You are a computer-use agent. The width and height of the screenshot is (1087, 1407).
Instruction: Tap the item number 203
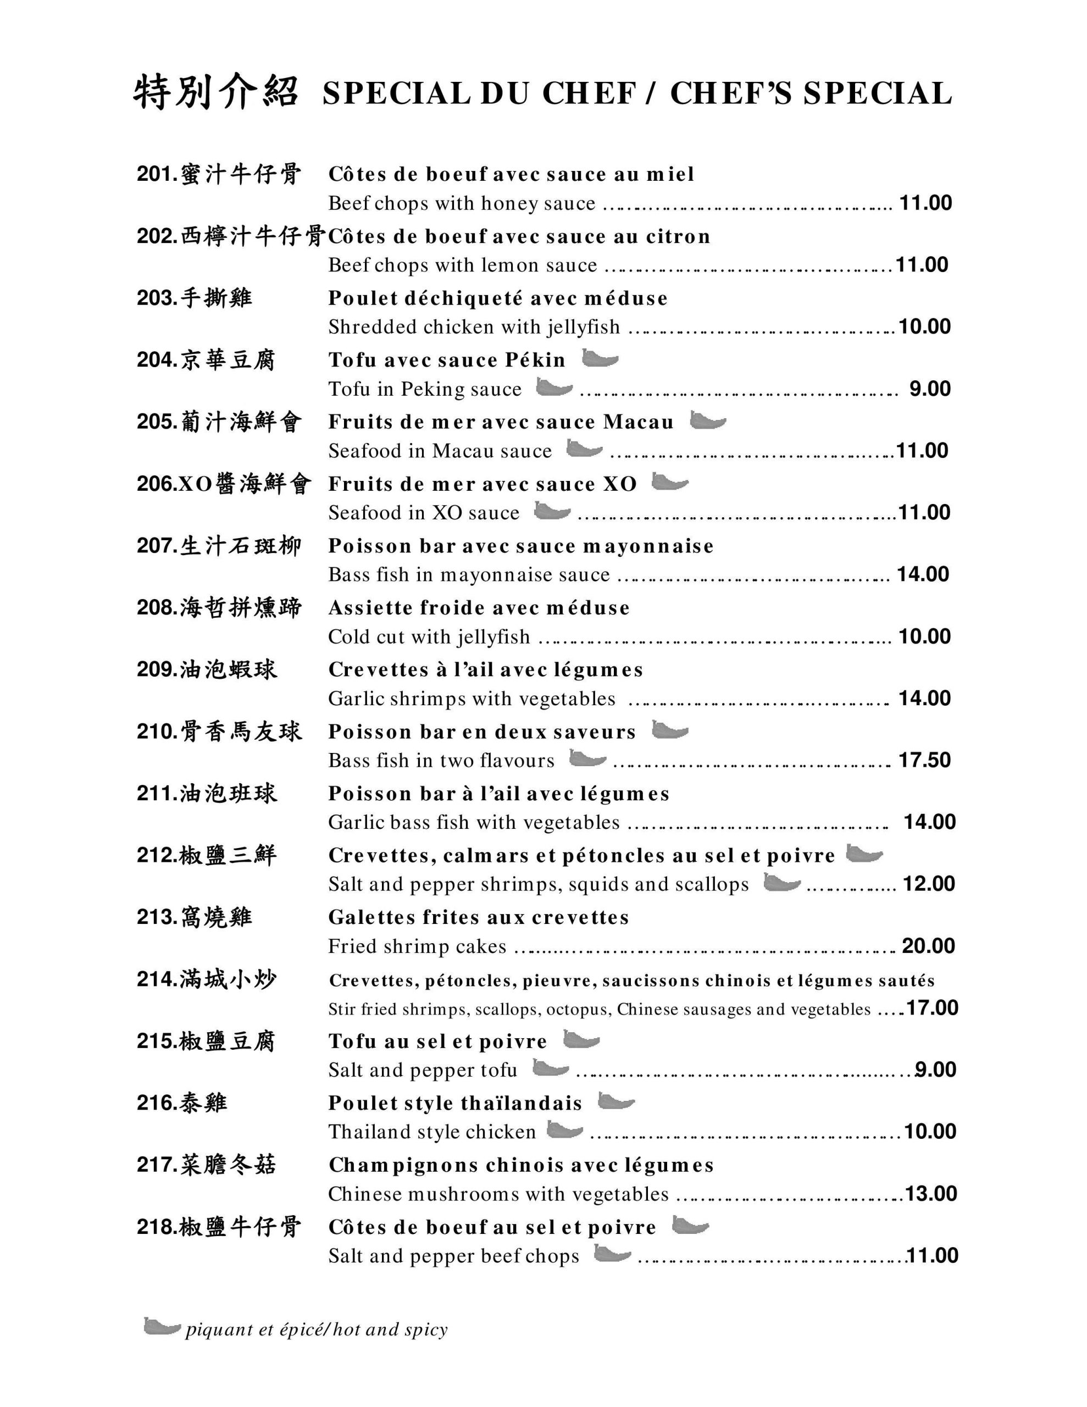157,298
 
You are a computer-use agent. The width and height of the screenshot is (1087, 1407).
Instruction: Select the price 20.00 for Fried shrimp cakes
928,946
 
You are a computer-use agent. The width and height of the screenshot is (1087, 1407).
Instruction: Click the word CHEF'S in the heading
731,93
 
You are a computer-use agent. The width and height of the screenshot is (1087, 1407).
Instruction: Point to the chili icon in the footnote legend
161,1327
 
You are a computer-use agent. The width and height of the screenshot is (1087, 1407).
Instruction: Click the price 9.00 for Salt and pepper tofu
935,1070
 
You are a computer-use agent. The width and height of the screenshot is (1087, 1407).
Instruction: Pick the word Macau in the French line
638,422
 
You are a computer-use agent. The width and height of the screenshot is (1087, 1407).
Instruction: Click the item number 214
157,979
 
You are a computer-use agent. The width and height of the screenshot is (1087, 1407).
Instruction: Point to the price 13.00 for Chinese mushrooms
930,1193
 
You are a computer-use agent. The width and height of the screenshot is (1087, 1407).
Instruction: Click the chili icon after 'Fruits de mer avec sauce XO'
669,482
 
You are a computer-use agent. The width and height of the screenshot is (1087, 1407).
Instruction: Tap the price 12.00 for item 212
929,884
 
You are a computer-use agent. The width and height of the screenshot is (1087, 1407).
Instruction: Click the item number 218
157,1227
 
